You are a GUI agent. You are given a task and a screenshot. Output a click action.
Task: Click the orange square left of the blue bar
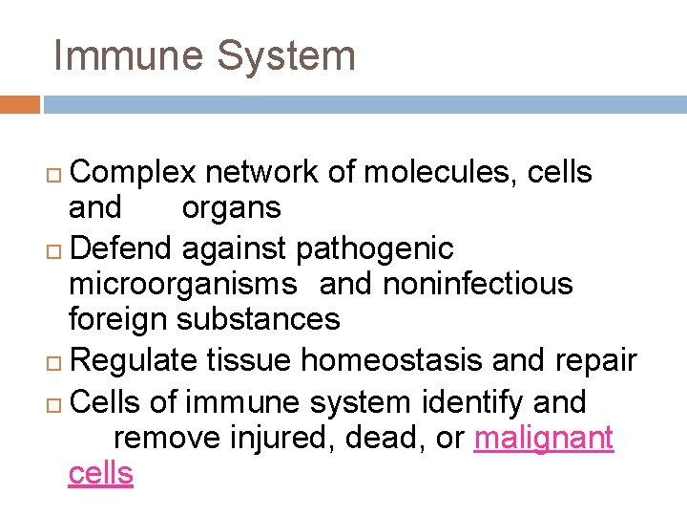(19, 104)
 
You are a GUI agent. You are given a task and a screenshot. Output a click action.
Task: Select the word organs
(231, 207)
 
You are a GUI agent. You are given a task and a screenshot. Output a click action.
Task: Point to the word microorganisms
(183, 284)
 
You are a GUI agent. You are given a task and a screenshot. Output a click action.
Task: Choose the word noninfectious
(478, 284)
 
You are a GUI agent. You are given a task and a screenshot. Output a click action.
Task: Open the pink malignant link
(544, 438)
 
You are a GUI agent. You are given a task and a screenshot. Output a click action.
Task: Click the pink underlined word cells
(100, 472)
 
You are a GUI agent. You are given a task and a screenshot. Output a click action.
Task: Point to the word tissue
(249, 360)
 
